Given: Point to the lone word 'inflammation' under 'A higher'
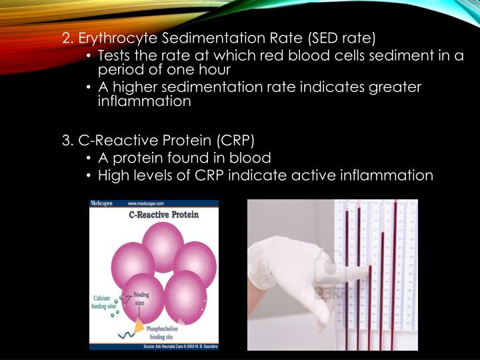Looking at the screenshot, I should [x=144, y=101].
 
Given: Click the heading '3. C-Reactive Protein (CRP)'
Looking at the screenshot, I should [x=159, y=140].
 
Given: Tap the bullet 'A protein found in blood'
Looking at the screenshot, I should [x=184, y=158].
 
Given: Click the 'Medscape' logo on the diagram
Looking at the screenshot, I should [x=101, y=203].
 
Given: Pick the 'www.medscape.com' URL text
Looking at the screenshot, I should [x=147, y=203].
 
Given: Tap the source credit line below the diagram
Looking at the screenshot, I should [x=179, y=346].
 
